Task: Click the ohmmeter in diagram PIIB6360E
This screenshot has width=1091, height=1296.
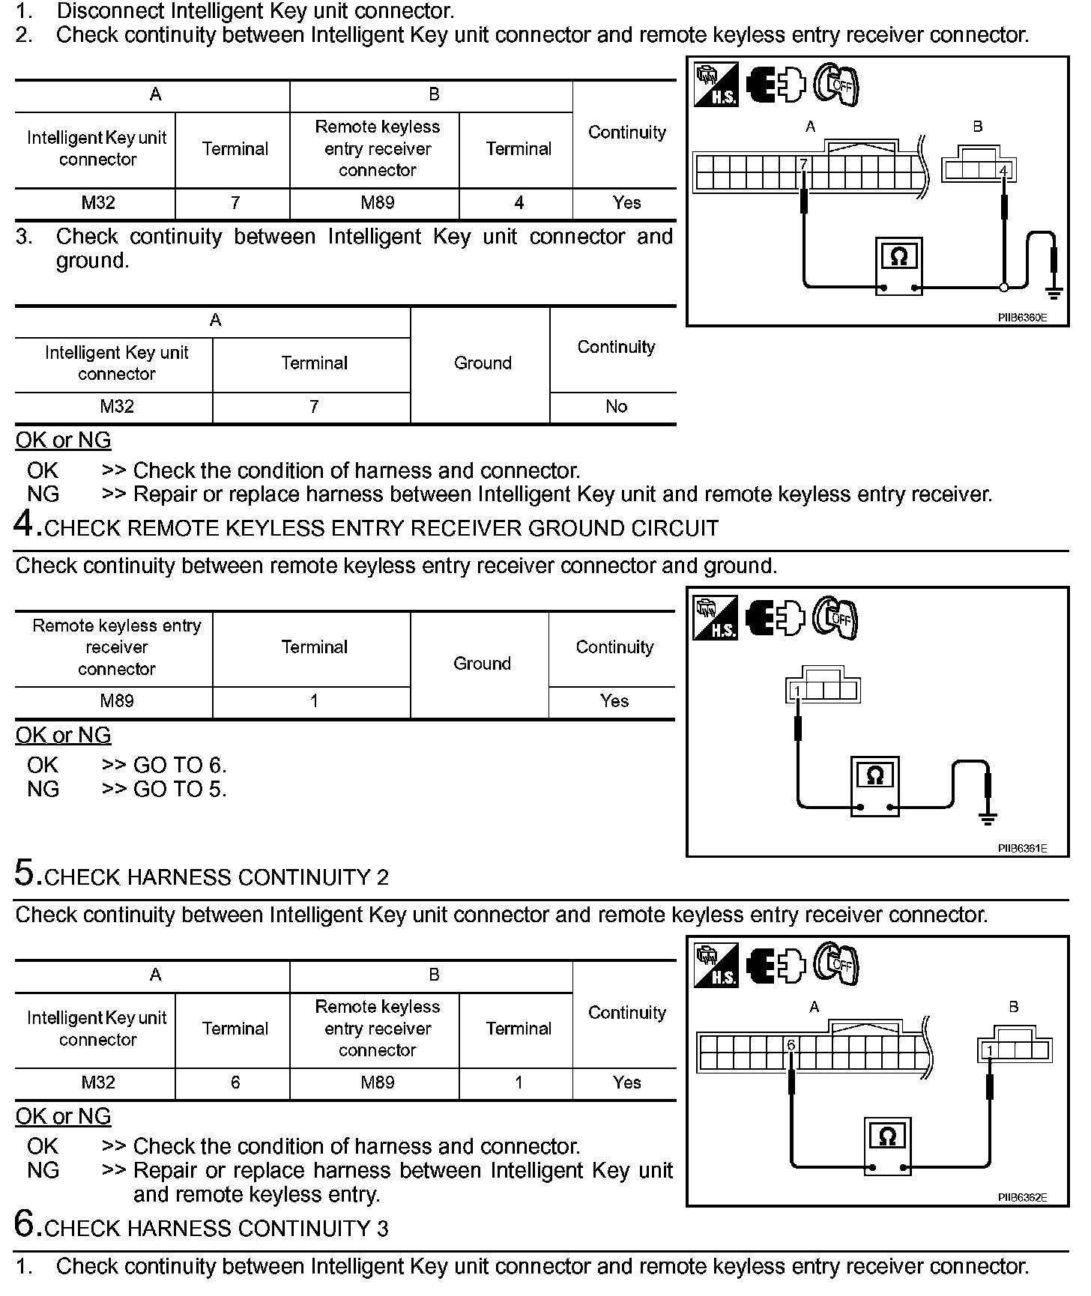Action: click(898, 267)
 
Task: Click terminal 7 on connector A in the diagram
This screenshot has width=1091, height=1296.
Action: click(803, 164)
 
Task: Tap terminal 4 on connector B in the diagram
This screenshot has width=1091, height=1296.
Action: click(1003, 171)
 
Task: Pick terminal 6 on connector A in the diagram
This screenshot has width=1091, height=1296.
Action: click(791, 1044)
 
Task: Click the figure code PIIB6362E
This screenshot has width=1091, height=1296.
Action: click(1021, 1197)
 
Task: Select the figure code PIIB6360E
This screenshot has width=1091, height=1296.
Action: click(1021, 317)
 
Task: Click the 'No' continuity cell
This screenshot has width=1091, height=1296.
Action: click(616, 407)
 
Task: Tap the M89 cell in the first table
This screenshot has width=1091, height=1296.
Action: click(377, 203)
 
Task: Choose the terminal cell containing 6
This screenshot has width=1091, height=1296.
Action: click(235, 1082)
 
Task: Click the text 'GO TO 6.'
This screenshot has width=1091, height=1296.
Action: click(179, 765)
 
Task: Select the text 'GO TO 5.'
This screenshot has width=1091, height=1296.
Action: click(179, 789)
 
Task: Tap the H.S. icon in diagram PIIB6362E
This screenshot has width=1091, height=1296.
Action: click(716, 965)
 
